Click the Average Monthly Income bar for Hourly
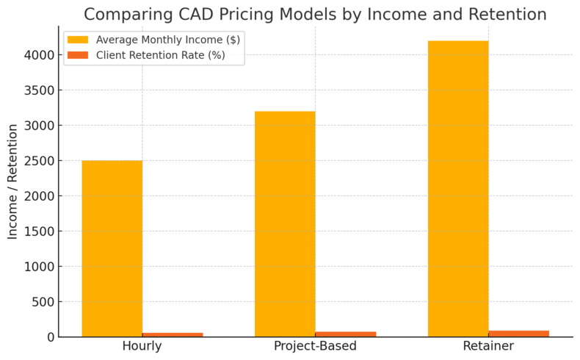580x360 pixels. [x=112, y=248]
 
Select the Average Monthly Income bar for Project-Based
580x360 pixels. [x=285, y=224]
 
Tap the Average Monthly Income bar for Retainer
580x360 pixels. [x=458, y=189]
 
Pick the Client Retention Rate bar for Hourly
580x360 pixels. [x=173, y=334]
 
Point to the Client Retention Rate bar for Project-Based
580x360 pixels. [x=346, y=334]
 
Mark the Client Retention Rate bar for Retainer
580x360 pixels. [x=519, y=333]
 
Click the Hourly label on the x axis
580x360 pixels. [x=142, y=346]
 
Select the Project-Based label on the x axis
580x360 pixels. [x=315, y=346]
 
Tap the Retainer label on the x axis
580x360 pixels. [x=488, y=346]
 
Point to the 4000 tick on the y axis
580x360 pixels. [x=40, y=55]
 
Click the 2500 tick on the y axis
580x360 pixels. [x=40, y=161]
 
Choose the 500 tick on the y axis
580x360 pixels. [x=43, y=302]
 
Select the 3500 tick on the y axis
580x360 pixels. [x=40, y=90]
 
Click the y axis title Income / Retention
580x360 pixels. [x=13, y=181]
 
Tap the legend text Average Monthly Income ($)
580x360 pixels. [x=168, y=40]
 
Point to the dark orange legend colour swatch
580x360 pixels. [x=78, y=55]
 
